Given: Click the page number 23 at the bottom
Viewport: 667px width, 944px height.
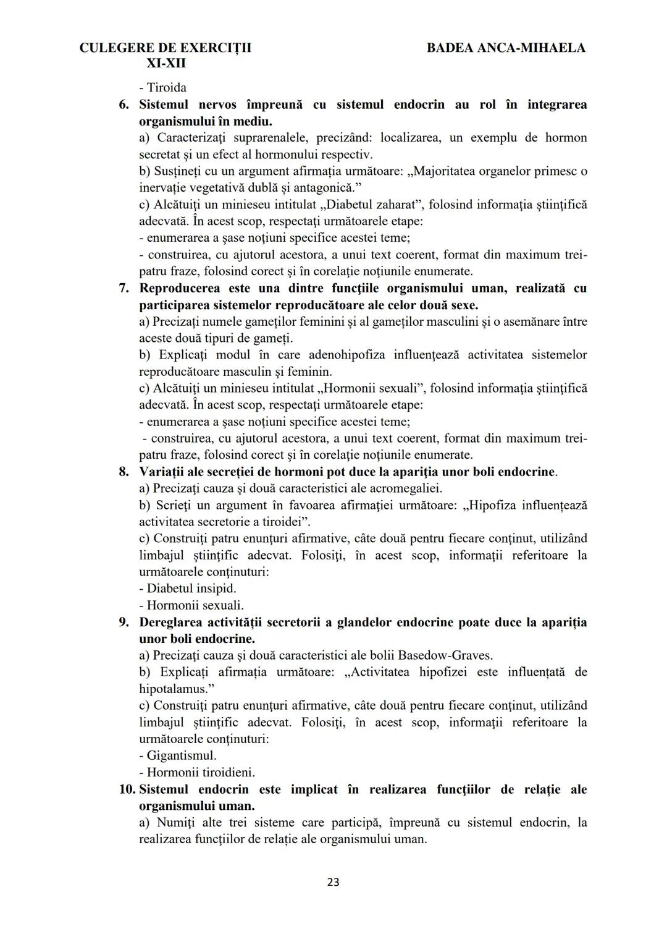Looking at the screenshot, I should click(333, 882).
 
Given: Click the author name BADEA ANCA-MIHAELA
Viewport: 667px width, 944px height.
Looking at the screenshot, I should click(506, 48).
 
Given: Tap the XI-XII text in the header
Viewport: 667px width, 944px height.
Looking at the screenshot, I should click(166, 64).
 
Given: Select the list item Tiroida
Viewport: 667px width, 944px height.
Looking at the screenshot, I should click(163, 88).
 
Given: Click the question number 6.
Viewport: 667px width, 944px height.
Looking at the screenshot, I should click(124, 104).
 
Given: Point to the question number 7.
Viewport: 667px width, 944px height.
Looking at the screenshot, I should click(124, 288).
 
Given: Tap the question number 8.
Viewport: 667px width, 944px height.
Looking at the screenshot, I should click(124, 472).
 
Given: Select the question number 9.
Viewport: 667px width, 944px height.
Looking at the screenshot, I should click(124, 622).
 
